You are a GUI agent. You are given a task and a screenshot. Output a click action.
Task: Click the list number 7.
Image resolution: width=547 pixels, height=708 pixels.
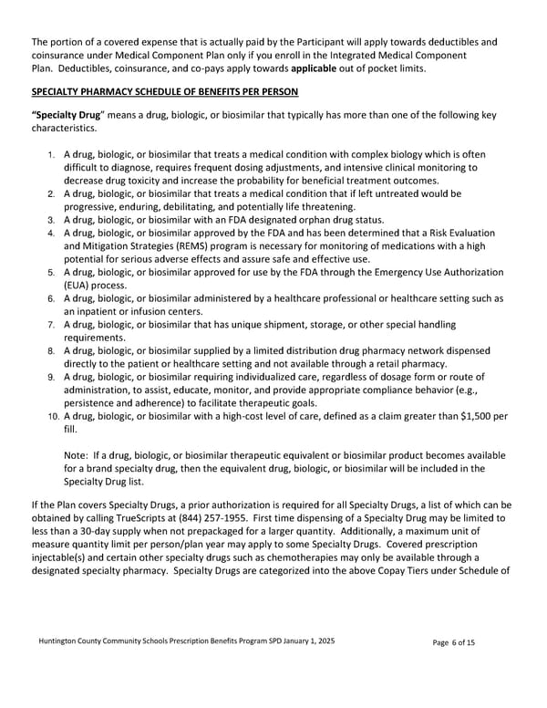point(53,325)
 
